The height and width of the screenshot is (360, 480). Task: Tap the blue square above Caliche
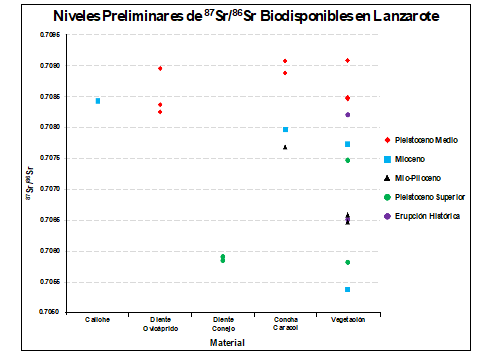pyautogui.click(x=97, y=101)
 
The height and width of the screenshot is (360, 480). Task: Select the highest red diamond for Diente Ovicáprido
pyautogui.click(x=160, y=68)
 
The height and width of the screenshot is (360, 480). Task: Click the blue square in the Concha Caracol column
pyautogui.click(x=285, y=130)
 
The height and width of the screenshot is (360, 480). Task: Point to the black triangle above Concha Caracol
pyautogui.click(x=285, y=147)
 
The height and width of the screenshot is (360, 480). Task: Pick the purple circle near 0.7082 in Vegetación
pyautogui.click(x=347, y=115)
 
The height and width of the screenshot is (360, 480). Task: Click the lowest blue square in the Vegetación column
pyautogui.click(x=347, y=289)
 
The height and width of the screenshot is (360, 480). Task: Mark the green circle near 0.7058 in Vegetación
pyautogui.click(x=347, y=262)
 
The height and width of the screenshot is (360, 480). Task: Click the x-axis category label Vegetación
pyautogui.click(x=347, y=320)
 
